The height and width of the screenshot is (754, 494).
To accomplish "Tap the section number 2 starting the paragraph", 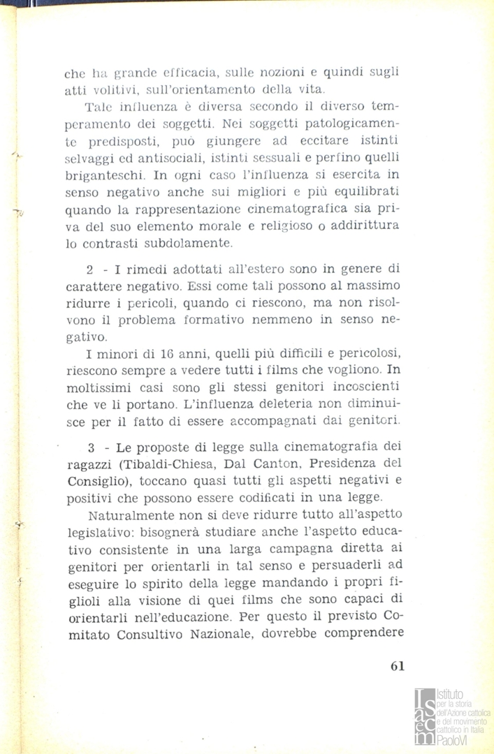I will pyautogui.click(x=89, y=270).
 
